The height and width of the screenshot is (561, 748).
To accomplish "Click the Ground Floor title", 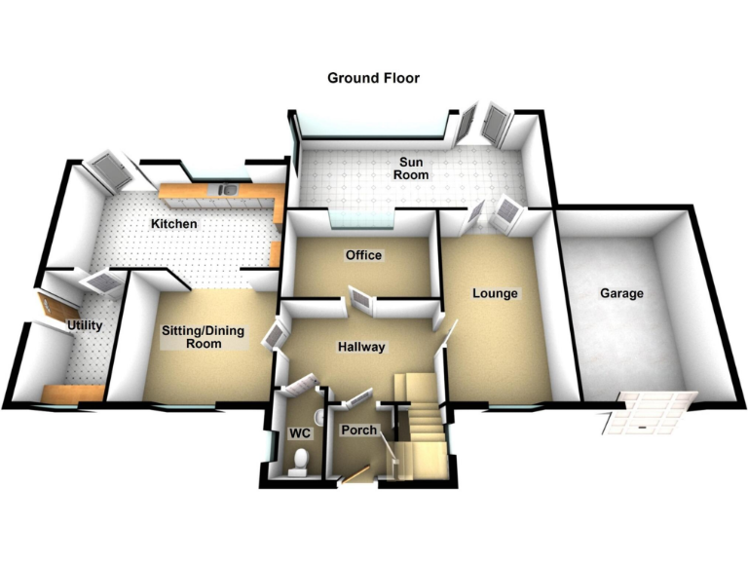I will [373, 78].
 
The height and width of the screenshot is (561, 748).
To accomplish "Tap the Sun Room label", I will [414, 168].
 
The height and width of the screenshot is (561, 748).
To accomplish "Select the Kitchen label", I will [173, 224].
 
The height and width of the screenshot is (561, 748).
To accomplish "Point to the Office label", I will [363, 255].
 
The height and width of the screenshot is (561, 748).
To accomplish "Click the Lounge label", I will [495, 292].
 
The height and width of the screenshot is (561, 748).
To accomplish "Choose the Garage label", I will [621, 292].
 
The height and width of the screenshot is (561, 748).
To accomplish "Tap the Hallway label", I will [361, 347].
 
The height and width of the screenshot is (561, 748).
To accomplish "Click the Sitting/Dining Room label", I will [203, 337].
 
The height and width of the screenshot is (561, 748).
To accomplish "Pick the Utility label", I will [85, 325].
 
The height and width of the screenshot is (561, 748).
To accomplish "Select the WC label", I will [297, 432].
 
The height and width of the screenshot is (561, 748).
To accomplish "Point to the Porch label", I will [357, 430].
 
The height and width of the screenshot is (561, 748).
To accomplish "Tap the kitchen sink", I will [226, 190].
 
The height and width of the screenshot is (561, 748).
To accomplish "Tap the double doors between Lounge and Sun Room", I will [495, 213].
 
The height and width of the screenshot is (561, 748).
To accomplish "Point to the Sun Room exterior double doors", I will [484, 124].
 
